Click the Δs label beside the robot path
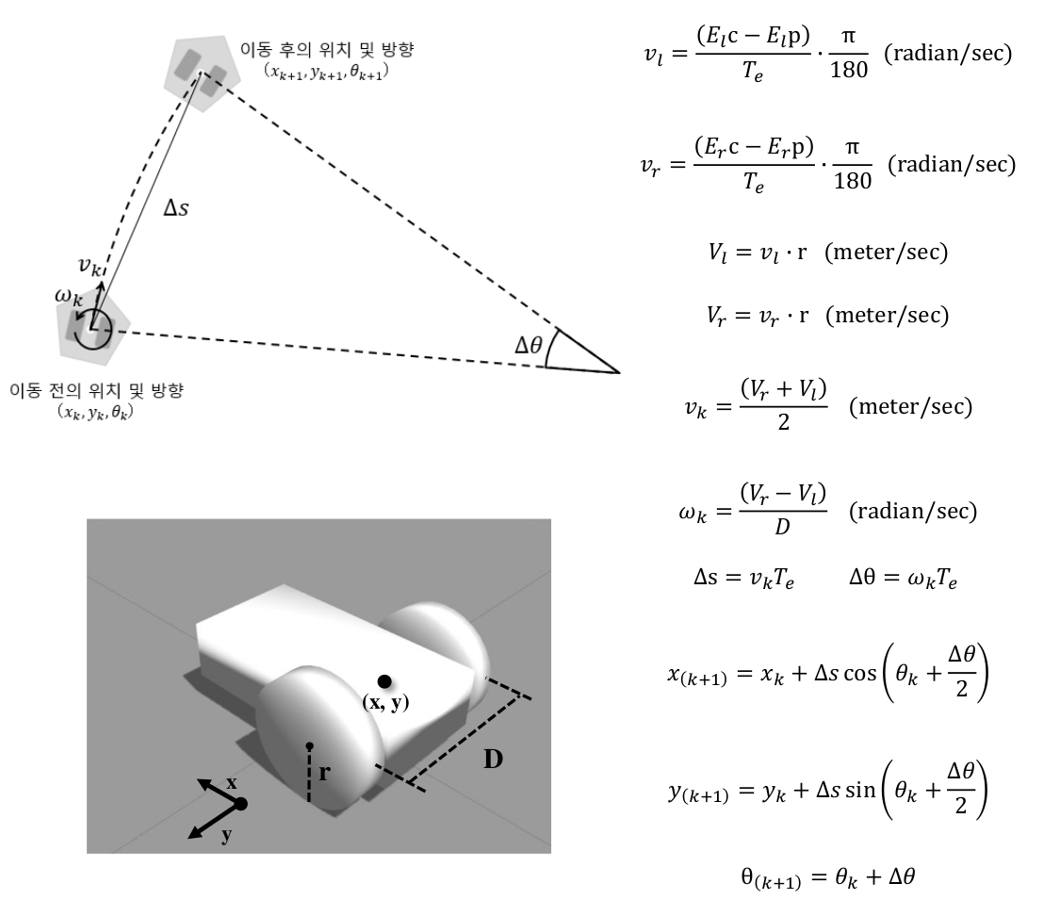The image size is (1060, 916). point(176,208)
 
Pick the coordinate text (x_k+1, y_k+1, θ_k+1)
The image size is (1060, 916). point(327,71)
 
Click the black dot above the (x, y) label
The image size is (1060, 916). point(383,681)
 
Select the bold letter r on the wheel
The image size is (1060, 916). point(324,773)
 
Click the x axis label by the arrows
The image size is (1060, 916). point(232,783)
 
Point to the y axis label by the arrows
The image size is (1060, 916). point(226,834)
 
